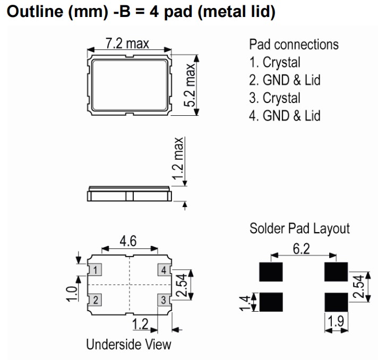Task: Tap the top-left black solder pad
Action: tap(271, 272)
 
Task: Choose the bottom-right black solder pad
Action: tap(336, 302)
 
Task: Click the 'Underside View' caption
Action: tap(129, 344)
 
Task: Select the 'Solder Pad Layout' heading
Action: tap(299, 228)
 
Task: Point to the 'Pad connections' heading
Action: tap(294, 44)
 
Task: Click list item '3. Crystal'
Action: tap(275, 98)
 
